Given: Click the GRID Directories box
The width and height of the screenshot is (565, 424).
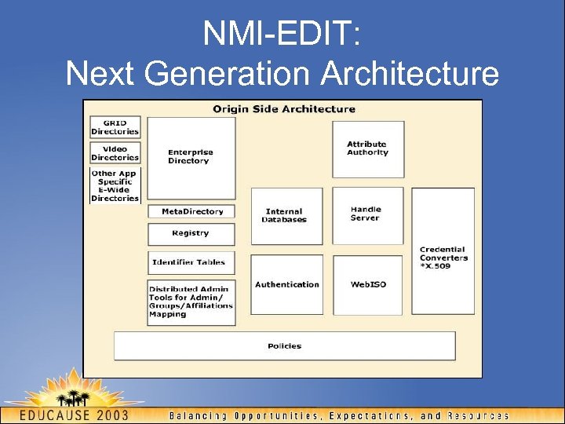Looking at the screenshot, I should tap(115, 127).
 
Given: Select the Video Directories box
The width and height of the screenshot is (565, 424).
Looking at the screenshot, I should tap(115, 152).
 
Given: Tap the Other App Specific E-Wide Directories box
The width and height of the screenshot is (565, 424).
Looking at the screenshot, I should tap(115, 185).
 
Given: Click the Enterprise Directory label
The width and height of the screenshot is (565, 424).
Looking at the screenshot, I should tap(190, 156).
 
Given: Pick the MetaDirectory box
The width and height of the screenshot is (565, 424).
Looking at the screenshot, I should tap(192, 211).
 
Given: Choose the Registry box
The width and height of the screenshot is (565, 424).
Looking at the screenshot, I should tap(191, 233).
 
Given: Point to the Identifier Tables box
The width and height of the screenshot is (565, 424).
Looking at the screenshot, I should tap(191, 262).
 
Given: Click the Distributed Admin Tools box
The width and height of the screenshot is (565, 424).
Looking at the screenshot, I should tap(191, 302).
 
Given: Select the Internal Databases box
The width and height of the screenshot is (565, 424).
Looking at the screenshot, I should tap(286, 215).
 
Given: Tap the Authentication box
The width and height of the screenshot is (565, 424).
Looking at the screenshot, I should tap(286, 284).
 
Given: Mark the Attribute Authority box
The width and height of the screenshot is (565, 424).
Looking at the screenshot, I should tap(367, 148).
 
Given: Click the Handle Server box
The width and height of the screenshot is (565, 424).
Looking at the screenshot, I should tap(366, 214).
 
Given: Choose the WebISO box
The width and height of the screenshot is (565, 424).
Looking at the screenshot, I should tap(367, 284).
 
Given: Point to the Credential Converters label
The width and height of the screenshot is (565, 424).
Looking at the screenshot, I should tap(443, 258).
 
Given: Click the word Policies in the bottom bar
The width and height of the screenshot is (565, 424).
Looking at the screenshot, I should tap(284, 345).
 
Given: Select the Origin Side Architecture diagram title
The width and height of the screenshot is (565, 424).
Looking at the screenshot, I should tap(283, 109).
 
